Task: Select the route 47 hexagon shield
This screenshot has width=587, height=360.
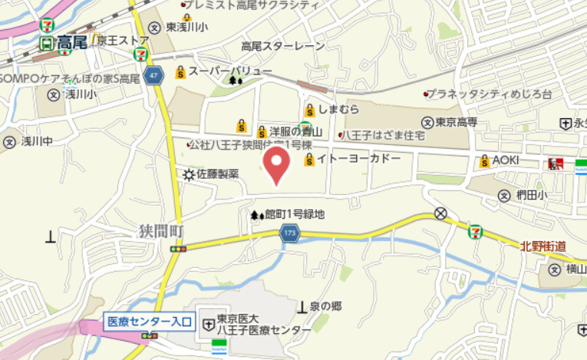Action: tap(155, 75)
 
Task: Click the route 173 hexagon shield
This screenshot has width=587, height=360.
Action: tap(289, 232)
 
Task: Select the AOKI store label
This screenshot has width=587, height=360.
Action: tap(506, 160)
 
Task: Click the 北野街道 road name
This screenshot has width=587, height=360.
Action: tap(542, 246)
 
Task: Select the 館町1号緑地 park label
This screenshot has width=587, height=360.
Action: tap(294, 215)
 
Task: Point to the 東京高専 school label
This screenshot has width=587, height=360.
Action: tap(456, 122)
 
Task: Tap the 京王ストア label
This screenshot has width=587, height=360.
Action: tap(123, 40)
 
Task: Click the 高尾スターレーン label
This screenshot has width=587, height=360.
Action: tap(283, 46)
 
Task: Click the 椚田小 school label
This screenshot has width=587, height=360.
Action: tap(531, 195)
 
